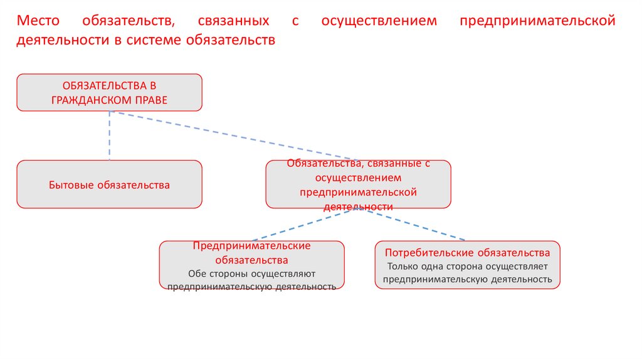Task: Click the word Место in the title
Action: coord(38,21)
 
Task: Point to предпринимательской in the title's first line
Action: coord(537,21)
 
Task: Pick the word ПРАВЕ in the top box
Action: coord(151,100)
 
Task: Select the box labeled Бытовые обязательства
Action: coord(109,184)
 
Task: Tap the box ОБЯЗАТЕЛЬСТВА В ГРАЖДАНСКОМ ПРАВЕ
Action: coord(109,92)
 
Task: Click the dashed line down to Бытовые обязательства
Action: coord(110,135)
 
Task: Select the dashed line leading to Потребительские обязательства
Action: coord(414,224)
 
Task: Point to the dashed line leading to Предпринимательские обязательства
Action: coord(306,224)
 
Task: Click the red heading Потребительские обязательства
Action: coord(467,253)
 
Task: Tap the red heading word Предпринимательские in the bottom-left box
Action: coord(251,246)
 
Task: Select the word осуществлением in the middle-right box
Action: coord(358,177)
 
